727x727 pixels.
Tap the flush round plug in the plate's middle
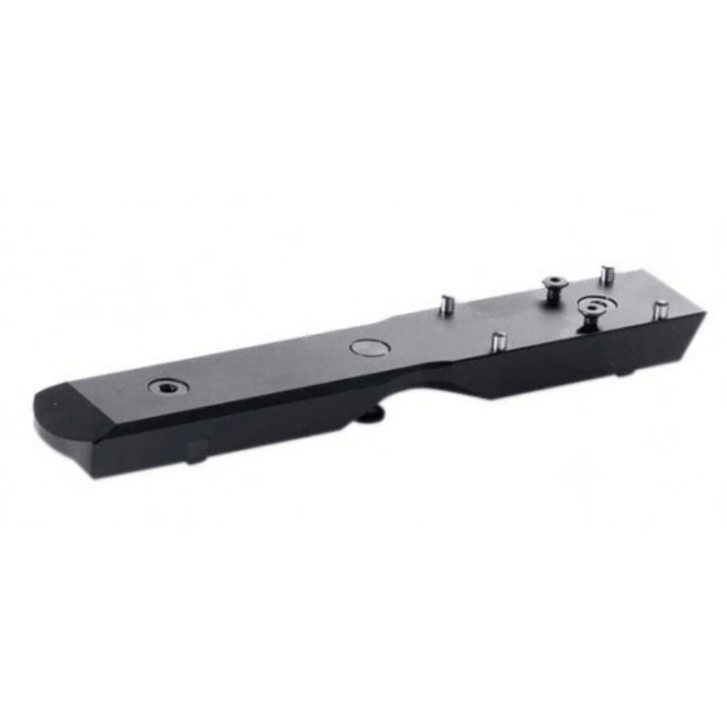tap(366, 348)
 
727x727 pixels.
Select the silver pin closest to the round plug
tap(449, 304)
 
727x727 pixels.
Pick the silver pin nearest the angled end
tap(660, 310)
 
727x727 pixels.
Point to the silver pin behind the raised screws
tap(606, 276)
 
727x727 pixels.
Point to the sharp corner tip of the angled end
tap(704, 313)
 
